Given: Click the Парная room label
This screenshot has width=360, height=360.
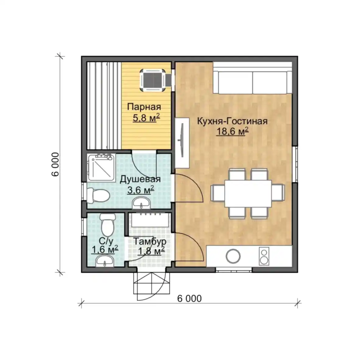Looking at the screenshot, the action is click(x=144, y=107).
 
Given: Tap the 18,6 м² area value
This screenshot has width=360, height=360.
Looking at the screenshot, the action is click(x=232, y=131).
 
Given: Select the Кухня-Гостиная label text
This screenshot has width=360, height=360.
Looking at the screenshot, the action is click(x=232, y=121).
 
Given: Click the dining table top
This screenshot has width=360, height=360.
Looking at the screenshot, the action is click(x=248, y=194).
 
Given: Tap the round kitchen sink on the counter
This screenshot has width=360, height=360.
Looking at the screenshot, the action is click(x=233, y=256).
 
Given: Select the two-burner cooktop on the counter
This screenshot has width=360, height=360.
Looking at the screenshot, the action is click(x=264, y=256).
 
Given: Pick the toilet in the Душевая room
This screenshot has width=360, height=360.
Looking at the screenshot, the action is click(x=98, y=196).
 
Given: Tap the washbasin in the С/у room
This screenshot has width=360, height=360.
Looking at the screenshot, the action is click(x=105, y=261).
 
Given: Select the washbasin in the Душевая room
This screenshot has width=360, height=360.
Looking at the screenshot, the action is click(x=141, y=203).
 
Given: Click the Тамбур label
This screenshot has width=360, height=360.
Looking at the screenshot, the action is click(x=150, y=241).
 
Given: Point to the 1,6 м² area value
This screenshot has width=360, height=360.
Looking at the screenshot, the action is click(x=105, y=249).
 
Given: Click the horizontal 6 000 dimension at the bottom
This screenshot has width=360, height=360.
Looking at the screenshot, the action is click(x=189, y=298).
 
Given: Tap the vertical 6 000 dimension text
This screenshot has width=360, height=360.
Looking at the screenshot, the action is click(x=55, y=164).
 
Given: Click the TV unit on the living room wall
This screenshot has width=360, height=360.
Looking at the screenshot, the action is click(x=182, y=143).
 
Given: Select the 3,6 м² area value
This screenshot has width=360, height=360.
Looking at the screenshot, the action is click(x=141, y=190).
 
